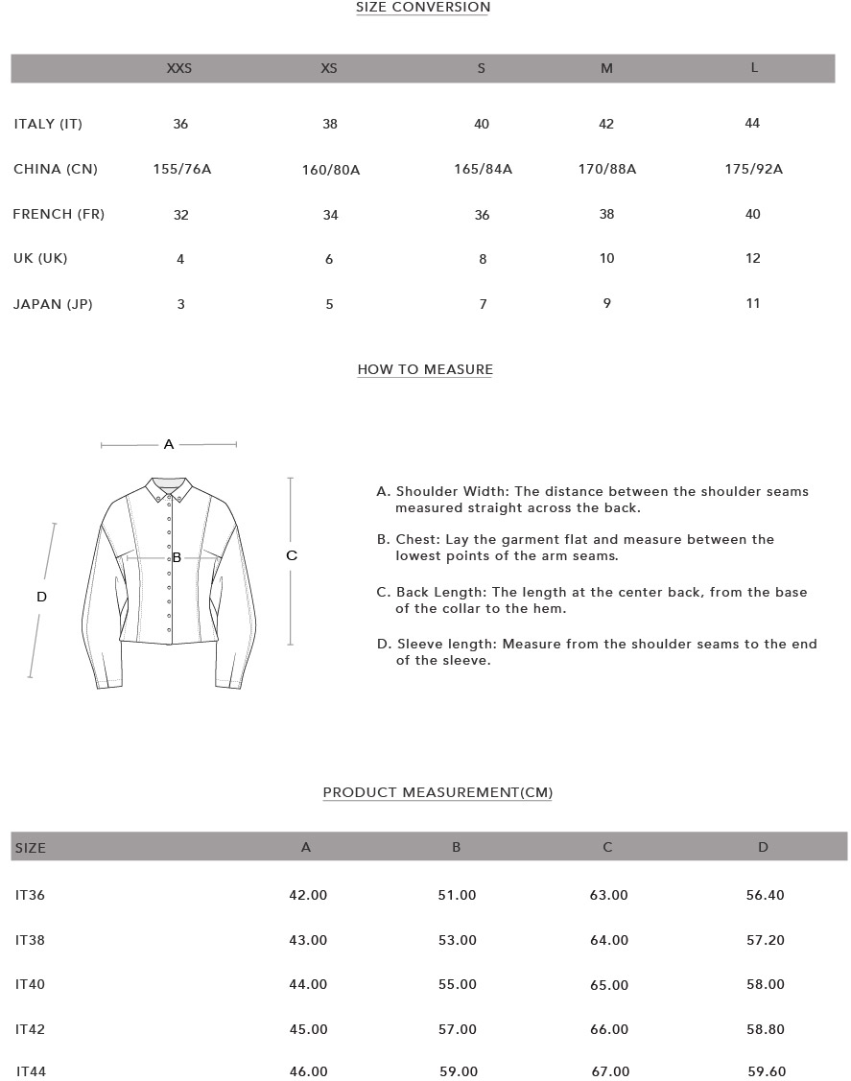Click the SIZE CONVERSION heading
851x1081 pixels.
423,8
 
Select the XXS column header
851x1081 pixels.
179,68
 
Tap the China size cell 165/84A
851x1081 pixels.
483,170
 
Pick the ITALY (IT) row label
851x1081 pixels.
48,124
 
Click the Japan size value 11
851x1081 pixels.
753,304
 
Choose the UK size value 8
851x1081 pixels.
483,259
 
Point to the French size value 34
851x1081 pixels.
330,215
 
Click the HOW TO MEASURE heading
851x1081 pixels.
425,369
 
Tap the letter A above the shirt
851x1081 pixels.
169,444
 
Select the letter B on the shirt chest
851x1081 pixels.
177,557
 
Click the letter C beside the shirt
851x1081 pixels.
292,555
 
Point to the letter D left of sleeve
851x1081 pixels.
41,597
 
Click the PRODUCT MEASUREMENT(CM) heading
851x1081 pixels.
437,792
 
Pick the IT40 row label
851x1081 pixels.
30,985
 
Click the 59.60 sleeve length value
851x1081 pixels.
766,1072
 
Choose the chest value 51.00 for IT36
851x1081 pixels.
457,896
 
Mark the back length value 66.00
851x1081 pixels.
609,1030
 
